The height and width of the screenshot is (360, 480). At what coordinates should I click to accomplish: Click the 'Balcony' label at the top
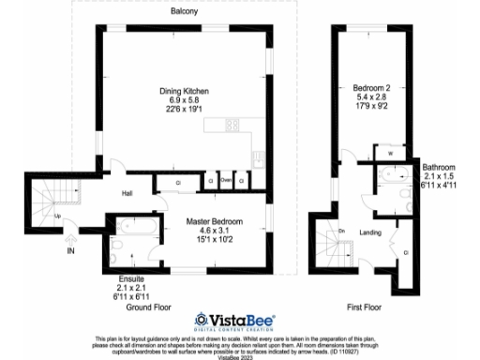tap(184, 12)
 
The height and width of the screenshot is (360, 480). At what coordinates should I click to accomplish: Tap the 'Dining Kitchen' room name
tap(184, 91)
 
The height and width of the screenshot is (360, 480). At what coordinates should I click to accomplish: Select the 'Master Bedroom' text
tap(214, 220)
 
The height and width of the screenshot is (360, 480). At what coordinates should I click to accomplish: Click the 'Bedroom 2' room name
tap(370, 86)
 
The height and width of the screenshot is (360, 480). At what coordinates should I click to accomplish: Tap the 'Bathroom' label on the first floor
tap(439, 166)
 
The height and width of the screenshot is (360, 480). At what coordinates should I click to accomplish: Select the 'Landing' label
tap(370, 233)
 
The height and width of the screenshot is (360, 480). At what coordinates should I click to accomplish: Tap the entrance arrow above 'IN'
tap(70, 238)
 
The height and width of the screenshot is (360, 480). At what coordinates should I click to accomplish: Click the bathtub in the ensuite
tap(130, 226)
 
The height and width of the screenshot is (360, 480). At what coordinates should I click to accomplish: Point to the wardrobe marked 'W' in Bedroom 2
tap(389, 153)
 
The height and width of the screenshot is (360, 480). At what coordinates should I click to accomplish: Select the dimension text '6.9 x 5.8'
tap(184, 99)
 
